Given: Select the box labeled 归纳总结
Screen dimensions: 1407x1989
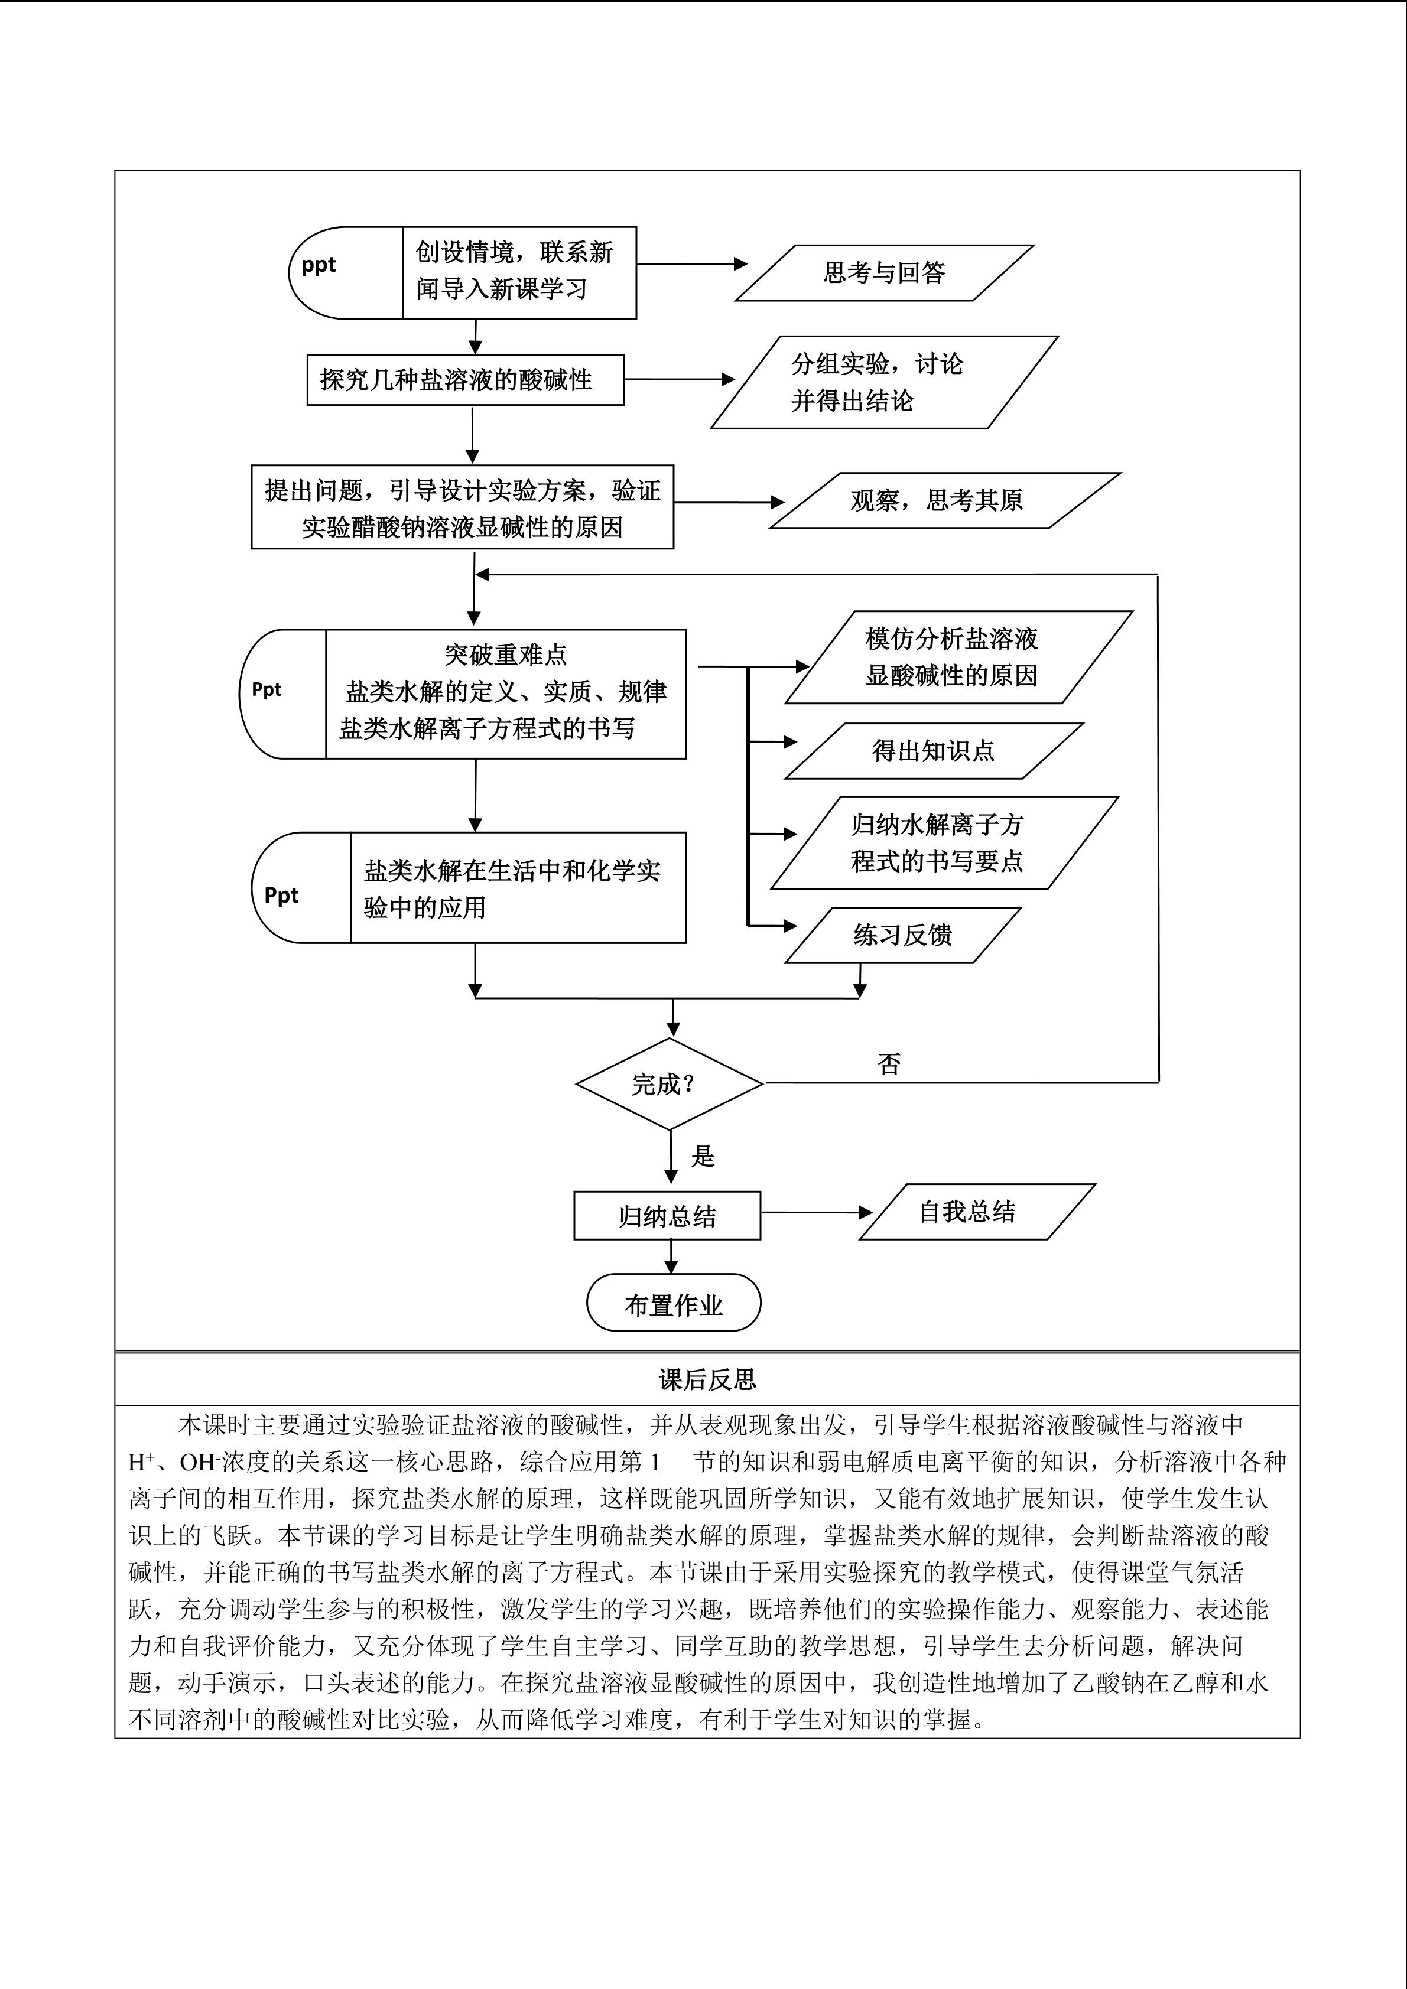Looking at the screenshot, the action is point(667,1215).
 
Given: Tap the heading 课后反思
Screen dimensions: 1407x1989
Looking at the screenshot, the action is point(707,1380).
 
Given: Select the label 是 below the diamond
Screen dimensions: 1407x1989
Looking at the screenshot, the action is point(703,1155).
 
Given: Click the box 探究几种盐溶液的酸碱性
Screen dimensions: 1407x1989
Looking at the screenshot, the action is point(465,379).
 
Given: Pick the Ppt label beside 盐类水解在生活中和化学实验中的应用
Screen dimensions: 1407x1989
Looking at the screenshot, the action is point(281,895).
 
